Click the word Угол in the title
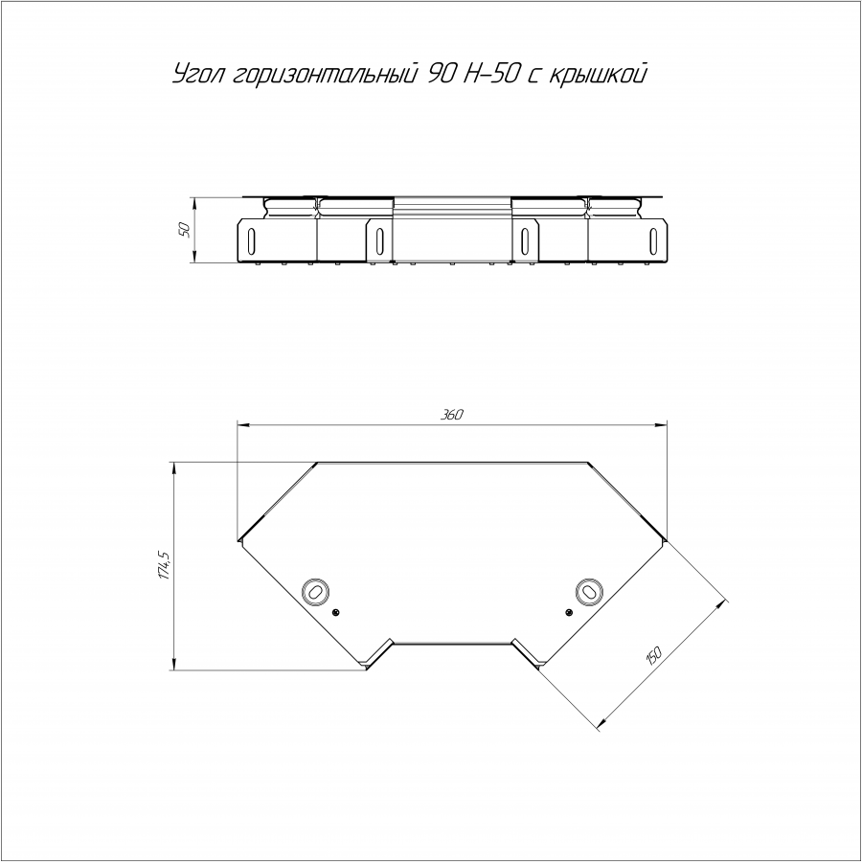(199, 75)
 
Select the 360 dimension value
(452, 415)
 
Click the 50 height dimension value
(185, 230)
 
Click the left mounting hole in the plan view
(315, 592)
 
